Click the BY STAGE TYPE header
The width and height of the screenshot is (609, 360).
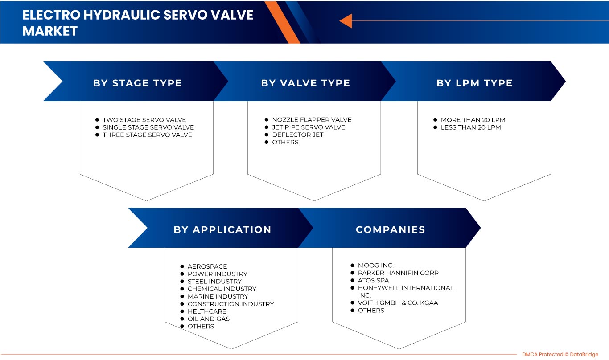137,83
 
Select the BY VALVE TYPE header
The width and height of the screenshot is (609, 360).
305,83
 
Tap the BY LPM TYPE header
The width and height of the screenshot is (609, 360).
474,83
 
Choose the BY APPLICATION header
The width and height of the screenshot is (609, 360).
222,229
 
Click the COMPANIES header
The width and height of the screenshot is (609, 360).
390,229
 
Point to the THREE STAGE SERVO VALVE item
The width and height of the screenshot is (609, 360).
147,135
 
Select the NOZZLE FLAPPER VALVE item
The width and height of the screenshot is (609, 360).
312,119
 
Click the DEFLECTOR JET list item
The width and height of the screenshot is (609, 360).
297,135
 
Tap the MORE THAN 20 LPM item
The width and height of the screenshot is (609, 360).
473,119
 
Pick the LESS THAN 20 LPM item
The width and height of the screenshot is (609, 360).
470,127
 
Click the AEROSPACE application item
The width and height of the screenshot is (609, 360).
207,266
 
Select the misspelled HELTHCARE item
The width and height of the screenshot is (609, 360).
207,311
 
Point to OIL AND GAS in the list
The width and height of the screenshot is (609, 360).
208,319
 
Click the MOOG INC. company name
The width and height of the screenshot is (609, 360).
375,265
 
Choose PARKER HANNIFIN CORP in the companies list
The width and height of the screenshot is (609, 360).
398,273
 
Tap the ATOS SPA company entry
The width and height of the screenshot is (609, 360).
373,280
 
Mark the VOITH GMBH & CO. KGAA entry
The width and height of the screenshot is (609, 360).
398,303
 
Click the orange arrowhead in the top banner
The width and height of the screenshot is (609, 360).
346,20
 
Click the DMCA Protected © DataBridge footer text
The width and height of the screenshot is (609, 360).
560,354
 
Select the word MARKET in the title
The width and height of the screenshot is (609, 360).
50,31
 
